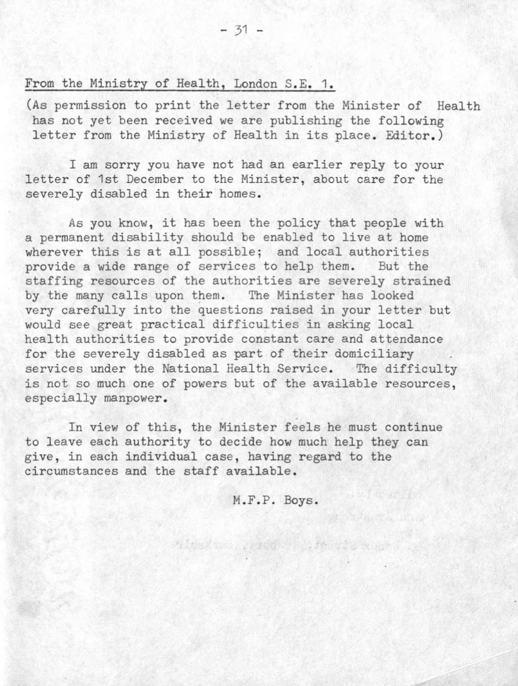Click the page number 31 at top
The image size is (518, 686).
click(241, 30)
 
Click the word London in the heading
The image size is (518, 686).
click(254, 83)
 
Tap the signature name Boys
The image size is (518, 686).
click(301, 500)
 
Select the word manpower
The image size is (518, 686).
click(129, 398)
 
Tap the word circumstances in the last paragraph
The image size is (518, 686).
click(71, 471)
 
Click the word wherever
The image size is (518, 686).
click(54, 252)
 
